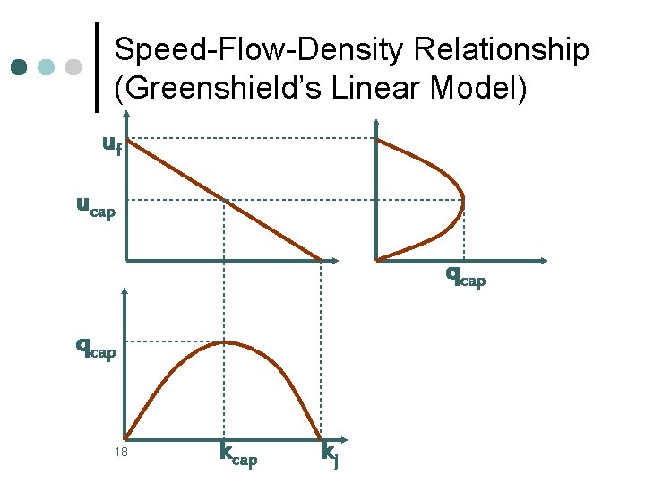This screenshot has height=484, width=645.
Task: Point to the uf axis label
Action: [x=112, y=143]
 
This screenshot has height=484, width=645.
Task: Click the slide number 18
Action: [x=121, y=452]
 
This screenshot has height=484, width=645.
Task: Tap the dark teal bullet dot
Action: [x=20, y=67]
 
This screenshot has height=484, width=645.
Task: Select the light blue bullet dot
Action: [x=47, y=67]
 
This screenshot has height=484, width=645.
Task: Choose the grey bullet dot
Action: [x=74, y=67]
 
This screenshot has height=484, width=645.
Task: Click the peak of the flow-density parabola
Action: [x=228, y=341]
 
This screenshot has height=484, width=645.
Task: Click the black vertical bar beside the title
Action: [x=97, y=67]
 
